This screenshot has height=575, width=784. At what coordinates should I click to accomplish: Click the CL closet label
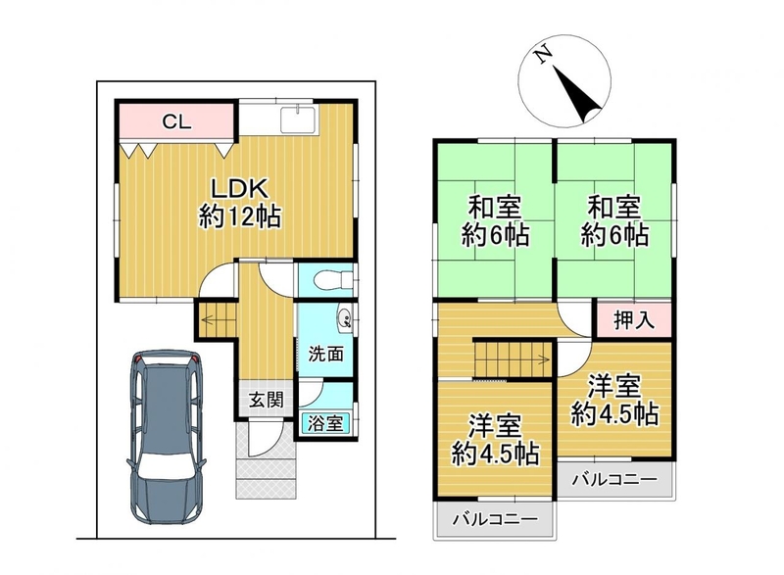click(177, 121)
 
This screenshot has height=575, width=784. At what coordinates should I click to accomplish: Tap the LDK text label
click(240, 189)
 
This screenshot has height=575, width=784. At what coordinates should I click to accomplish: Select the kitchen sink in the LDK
click(298, 120)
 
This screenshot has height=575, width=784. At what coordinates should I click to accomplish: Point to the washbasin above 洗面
click(346, 318)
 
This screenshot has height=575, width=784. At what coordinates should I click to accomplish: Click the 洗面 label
click(325, 354)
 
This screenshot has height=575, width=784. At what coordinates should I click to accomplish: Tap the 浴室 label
click(325, 424)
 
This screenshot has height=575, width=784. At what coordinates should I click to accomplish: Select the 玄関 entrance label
click(266, 401)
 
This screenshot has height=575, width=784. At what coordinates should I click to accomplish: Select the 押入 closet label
click(633, 320)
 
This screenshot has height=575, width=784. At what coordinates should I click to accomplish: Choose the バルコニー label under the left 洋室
click(495, 519)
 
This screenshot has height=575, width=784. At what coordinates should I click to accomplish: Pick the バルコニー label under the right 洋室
click(614, 480)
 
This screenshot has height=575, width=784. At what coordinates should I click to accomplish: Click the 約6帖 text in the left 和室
click(495, 234)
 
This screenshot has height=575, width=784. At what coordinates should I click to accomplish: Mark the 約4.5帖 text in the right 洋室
click(614, 414)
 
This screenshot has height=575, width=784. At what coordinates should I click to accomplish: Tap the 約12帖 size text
click(240, 217)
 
